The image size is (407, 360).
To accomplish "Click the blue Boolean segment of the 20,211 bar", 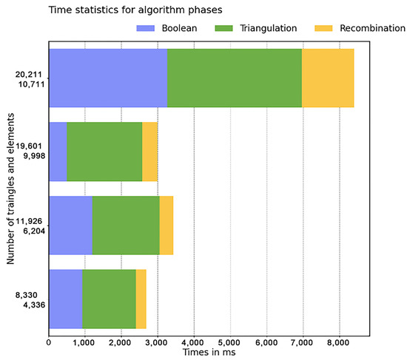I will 107,78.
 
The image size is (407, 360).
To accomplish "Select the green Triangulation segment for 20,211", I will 234,78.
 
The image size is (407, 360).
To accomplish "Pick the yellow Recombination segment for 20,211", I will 328,78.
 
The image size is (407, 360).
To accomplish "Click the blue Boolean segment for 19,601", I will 58,152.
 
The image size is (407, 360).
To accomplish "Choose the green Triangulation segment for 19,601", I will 104,152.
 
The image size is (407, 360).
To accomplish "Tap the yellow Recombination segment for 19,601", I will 149,152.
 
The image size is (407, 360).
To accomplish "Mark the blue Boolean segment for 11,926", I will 70,225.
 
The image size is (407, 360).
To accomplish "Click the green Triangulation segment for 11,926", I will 126,225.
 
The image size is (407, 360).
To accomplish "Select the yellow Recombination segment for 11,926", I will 166,225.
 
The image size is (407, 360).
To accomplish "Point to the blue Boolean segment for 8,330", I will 65,299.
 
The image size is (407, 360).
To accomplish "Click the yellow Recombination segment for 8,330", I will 141,299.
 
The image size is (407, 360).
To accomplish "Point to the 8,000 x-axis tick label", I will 338,342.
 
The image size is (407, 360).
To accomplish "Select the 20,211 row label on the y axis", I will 30,73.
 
